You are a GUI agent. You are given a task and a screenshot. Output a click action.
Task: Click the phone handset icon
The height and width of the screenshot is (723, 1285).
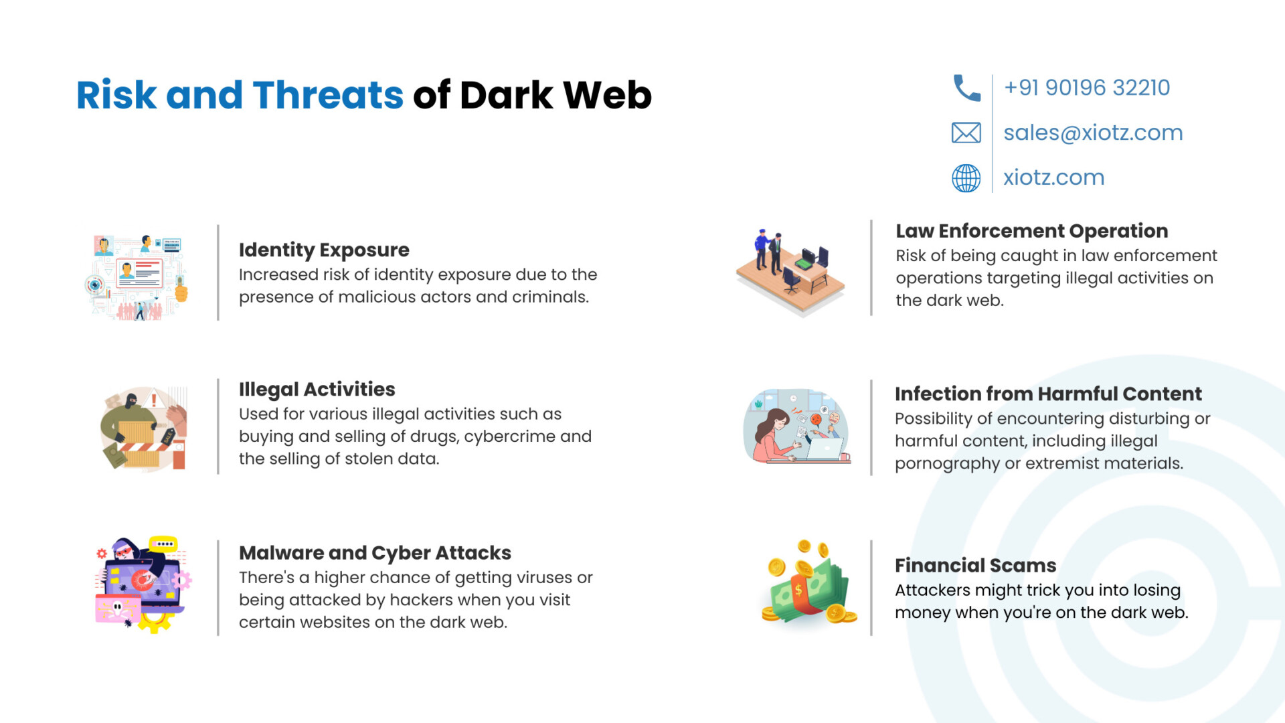[x=966, y=88]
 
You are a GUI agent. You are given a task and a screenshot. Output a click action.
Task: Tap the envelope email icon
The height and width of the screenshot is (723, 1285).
[x=966, y=133]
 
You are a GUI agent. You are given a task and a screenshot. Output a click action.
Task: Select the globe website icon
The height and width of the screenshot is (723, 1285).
[x=966, y=178]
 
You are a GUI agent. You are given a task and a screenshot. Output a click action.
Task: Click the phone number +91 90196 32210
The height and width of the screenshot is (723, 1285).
[x=1087, y=88]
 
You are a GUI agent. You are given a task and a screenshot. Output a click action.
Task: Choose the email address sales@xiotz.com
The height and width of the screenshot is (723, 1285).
[x=1093, y=133]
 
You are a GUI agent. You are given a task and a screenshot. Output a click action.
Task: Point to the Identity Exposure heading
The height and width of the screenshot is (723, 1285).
[x=324, y=250]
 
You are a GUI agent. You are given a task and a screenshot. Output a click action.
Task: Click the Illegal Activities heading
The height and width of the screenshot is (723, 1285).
[x=317, y=389]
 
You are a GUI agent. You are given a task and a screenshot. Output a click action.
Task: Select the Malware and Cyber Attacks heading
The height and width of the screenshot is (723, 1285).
[x=375, y=553]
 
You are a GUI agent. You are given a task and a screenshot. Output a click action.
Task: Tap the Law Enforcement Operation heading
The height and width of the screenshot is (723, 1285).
[x=1032, y=231]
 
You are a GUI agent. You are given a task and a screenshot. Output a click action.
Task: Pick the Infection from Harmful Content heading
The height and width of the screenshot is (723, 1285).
[x=1048, y=394]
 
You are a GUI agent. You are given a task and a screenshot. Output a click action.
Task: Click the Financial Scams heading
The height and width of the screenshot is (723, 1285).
[x=975, y=566]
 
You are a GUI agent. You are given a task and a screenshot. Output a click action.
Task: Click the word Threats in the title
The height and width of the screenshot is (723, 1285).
[x=328, y=94]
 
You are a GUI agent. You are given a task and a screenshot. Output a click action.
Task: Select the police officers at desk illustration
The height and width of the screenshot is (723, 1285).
[x=790, y=271]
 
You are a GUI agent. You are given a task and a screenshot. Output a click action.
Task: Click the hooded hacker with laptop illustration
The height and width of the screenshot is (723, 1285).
[x=141, y=584]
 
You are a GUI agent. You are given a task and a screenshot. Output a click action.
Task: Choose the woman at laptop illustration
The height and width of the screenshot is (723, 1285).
[x=796, y=426]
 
